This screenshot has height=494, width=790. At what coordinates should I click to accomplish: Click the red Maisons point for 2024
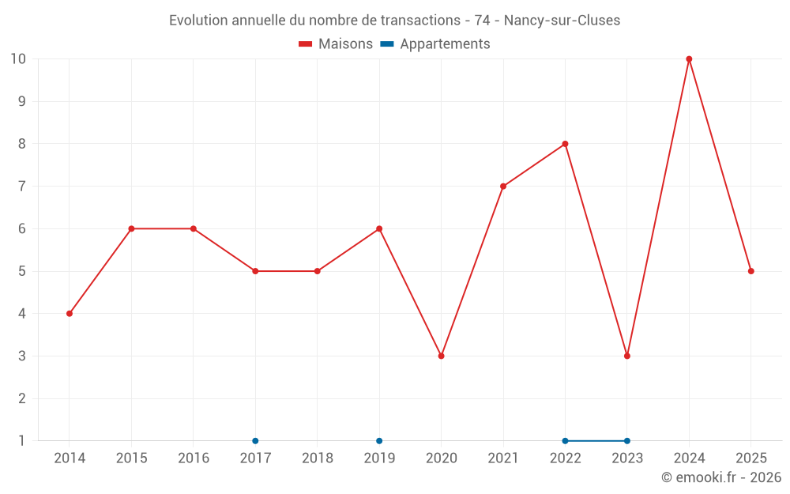click(x=689, y=59)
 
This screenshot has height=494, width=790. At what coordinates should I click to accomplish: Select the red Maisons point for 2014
click(x=70, y=314)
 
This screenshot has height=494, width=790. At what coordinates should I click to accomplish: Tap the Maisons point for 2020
click(x=442, y=356)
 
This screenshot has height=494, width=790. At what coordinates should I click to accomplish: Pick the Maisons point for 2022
click(x=566, y=144)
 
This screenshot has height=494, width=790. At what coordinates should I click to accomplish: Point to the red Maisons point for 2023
click(x=627, y=356)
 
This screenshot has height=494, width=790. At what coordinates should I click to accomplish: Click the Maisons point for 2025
click(x=751, y=271)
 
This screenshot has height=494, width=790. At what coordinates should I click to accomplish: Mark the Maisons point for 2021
click(x=503, y=187)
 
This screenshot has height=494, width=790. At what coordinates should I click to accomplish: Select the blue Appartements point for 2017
click(x=255, y=441)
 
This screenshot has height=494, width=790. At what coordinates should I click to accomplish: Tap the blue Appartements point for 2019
click(x=379, y=441)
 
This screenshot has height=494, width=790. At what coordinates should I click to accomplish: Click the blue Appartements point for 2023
click(x=627, y=441)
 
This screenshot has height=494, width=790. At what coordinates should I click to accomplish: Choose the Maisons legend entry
click(x=336, y=43)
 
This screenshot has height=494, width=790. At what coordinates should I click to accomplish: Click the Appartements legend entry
click(x=435, y=43)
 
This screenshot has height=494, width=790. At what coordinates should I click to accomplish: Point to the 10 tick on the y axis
click(x=18, y=58)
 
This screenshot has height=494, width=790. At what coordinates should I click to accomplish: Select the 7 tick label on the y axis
click(x=21, y=186)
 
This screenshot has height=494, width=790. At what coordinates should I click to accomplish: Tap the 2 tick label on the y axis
click(x=21, y=398)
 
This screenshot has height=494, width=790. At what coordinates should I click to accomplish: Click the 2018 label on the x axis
click(x=318, y=458)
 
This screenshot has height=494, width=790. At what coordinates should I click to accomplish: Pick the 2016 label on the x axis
click(x=194, y=458)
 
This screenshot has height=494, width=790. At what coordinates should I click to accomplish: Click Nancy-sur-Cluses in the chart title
click(x=562, y=21)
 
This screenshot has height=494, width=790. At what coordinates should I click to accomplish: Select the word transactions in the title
click(x=420, y=21)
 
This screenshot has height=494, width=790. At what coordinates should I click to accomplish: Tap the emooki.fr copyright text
click(x=721, y=477)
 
